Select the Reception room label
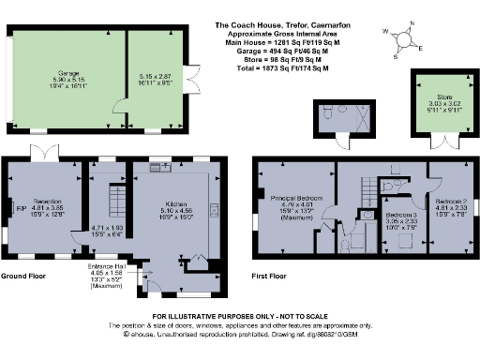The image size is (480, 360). point(48,202)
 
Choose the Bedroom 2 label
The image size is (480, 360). point(451,202)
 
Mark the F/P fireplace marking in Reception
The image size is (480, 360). point(20,208)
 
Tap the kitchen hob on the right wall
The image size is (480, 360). point(214,209)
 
